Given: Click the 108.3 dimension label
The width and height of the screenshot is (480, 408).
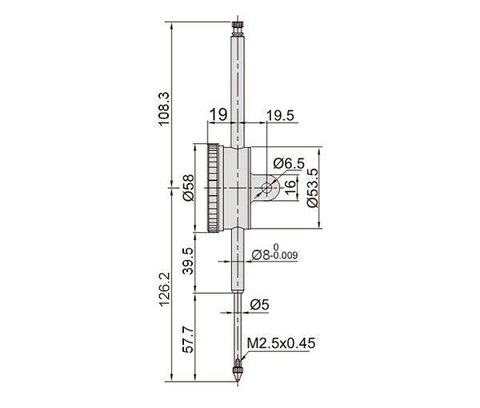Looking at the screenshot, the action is coord(163,109).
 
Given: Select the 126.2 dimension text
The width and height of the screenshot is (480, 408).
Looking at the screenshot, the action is coord(164,289).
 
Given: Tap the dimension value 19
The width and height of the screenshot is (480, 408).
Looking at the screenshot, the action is coord(218,114).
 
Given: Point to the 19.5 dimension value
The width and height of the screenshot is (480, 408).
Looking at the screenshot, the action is coord(280,116).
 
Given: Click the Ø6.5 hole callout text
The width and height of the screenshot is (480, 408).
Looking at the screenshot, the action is coord(289,163).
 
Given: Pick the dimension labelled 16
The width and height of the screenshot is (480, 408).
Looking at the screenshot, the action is coord(290,186).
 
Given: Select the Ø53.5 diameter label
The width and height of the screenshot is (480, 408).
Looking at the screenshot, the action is coord(312,188).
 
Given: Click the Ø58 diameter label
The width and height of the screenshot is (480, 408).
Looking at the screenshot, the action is coord(189,187).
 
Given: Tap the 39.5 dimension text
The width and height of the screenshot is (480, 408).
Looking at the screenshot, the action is coord(188,261).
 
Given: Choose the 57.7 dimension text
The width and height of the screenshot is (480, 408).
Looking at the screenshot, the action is coord(188,340).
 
